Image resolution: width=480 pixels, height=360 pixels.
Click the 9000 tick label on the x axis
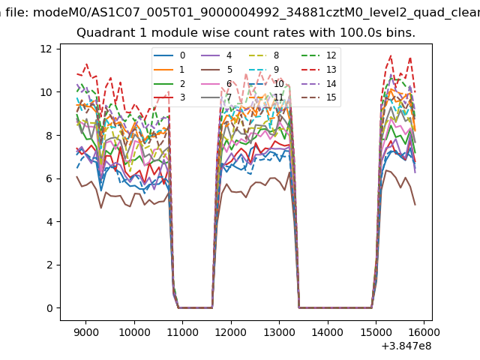(x=86, y=330)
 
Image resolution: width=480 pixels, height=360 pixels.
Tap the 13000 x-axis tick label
(x=279, y=330)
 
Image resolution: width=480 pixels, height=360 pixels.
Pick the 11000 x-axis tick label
(x=182, y=330)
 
